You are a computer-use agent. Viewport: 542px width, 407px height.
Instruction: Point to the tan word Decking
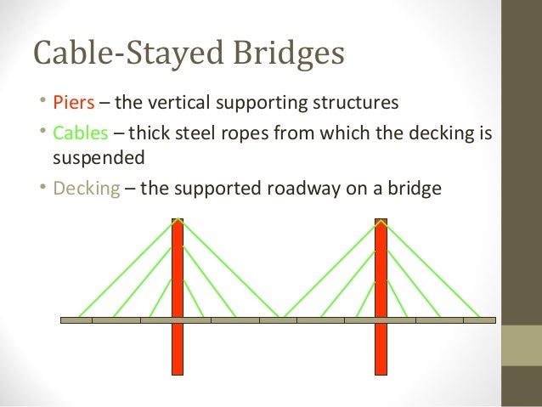[x=88, y=188]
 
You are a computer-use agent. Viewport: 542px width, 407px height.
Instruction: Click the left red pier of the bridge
[x=178, y=280]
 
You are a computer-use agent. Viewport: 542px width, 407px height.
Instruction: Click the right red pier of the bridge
[x=381, y=280]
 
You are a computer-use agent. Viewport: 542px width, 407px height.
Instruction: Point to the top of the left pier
[x=178, y=222]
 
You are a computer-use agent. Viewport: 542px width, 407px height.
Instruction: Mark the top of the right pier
[x=381, y=222]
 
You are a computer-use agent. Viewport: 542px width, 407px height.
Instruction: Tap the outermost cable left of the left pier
[x=127, y=269]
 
